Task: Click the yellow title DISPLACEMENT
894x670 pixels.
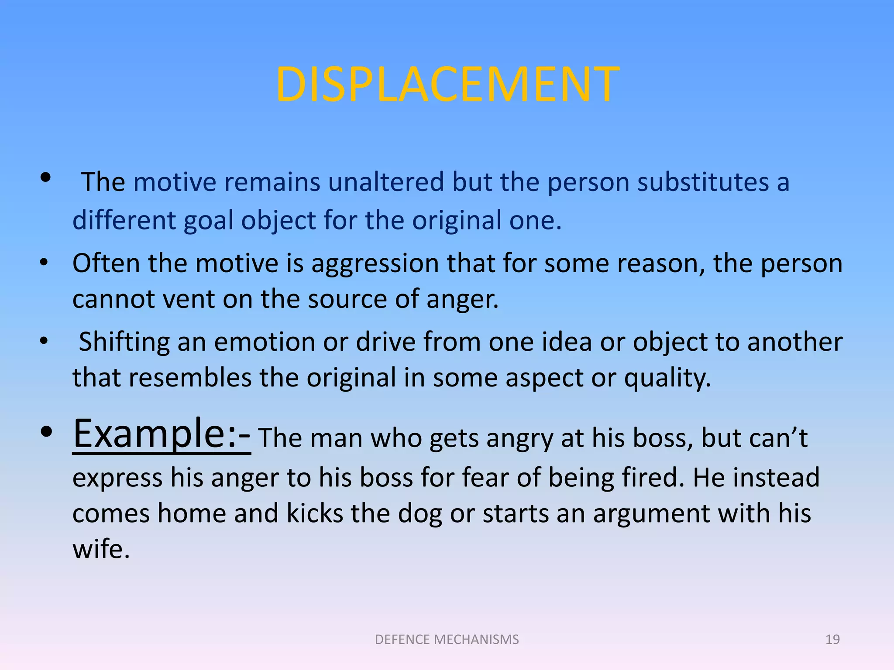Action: click(x=447, y=85)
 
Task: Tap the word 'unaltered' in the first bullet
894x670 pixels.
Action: click(x=386, y=182)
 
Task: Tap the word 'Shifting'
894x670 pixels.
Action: click(x=124, y=342)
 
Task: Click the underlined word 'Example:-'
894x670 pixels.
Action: click(x=162, y=434)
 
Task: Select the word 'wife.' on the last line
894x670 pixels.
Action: click(x=101, y=549)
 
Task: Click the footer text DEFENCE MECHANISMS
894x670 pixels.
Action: click(x=447, y=639)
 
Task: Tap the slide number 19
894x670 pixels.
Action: click(x=832, y=639)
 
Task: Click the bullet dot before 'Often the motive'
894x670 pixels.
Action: click(x=44, y=263)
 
